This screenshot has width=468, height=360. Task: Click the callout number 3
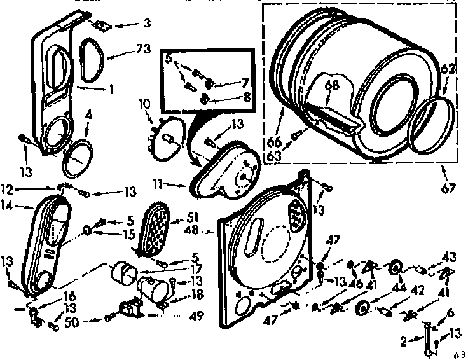click(x=146, y=24)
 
